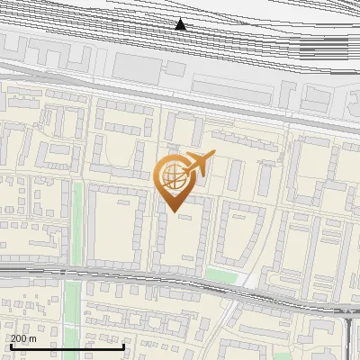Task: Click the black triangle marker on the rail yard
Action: click(181, 24)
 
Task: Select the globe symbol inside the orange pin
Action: click(174, 177)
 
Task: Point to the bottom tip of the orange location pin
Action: click(175, 212)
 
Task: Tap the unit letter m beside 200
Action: click(33, 338)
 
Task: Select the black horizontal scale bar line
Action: click(67, 346)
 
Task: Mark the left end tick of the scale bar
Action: click(10, 346)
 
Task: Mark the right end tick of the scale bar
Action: click(123, 346)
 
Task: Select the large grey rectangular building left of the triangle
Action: click(135, 65)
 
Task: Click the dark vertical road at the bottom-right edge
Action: click(348, 337)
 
